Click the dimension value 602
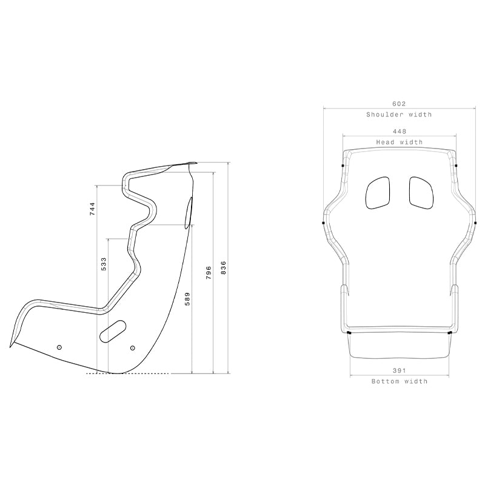(x=399, y=104)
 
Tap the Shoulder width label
(x=399, y=115)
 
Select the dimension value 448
(x=399, y=132)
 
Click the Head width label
(x=399, y=142)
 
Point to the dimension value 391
(x=399, y=370)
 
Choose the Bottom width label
(x=399, y=381)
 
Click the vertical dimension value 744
(x=92, y=209)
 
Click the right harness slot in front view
(x=421, y=192)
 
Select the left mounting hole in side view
(x=59, y=347)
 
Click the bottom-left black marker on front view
(x=349, y=333)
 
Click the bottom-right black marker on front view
(x=449, y=333)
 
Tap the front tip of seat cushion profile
(x=11, y=346)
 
